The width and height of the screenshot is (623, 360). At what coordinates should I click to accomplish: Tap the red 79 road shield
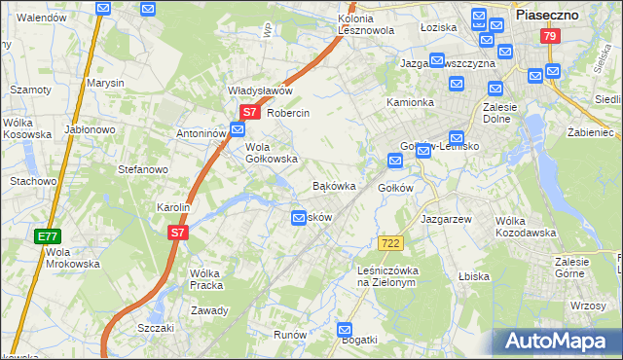pos(551,36)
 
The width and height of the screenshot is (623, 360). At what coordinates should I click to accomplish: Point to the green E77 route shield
pos(47,236)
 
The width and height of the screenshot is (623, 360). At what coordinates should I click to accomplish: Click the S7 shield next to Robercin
pos(249,113)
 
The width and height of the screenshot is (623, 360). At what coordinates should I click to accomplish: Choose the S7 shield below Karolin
pos(177,233)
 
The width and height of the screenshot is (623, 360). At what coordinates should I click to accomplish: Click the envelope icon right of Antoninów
pos(238,131)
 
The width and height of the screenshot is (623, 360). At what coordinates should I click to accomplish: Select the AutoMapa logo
pos(559,342)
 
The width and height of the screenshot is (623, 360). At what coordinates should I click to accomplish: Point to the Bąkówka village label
pos(333,185)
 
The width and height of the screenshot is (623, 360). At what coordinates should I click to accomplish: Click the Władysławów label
pos(260,90)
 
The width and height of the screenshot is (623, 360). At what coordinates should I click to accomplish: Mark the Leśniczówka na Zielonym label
pos(387,276)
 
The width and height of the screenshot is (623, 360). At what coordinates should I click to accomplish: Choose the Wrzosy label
pos(589,306)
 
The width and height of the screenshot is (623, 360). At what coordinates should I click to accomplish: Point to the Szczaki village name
pos(156,328)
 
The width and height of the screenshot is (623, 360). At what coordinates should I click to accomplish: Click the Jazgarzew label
pos(446,220)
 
